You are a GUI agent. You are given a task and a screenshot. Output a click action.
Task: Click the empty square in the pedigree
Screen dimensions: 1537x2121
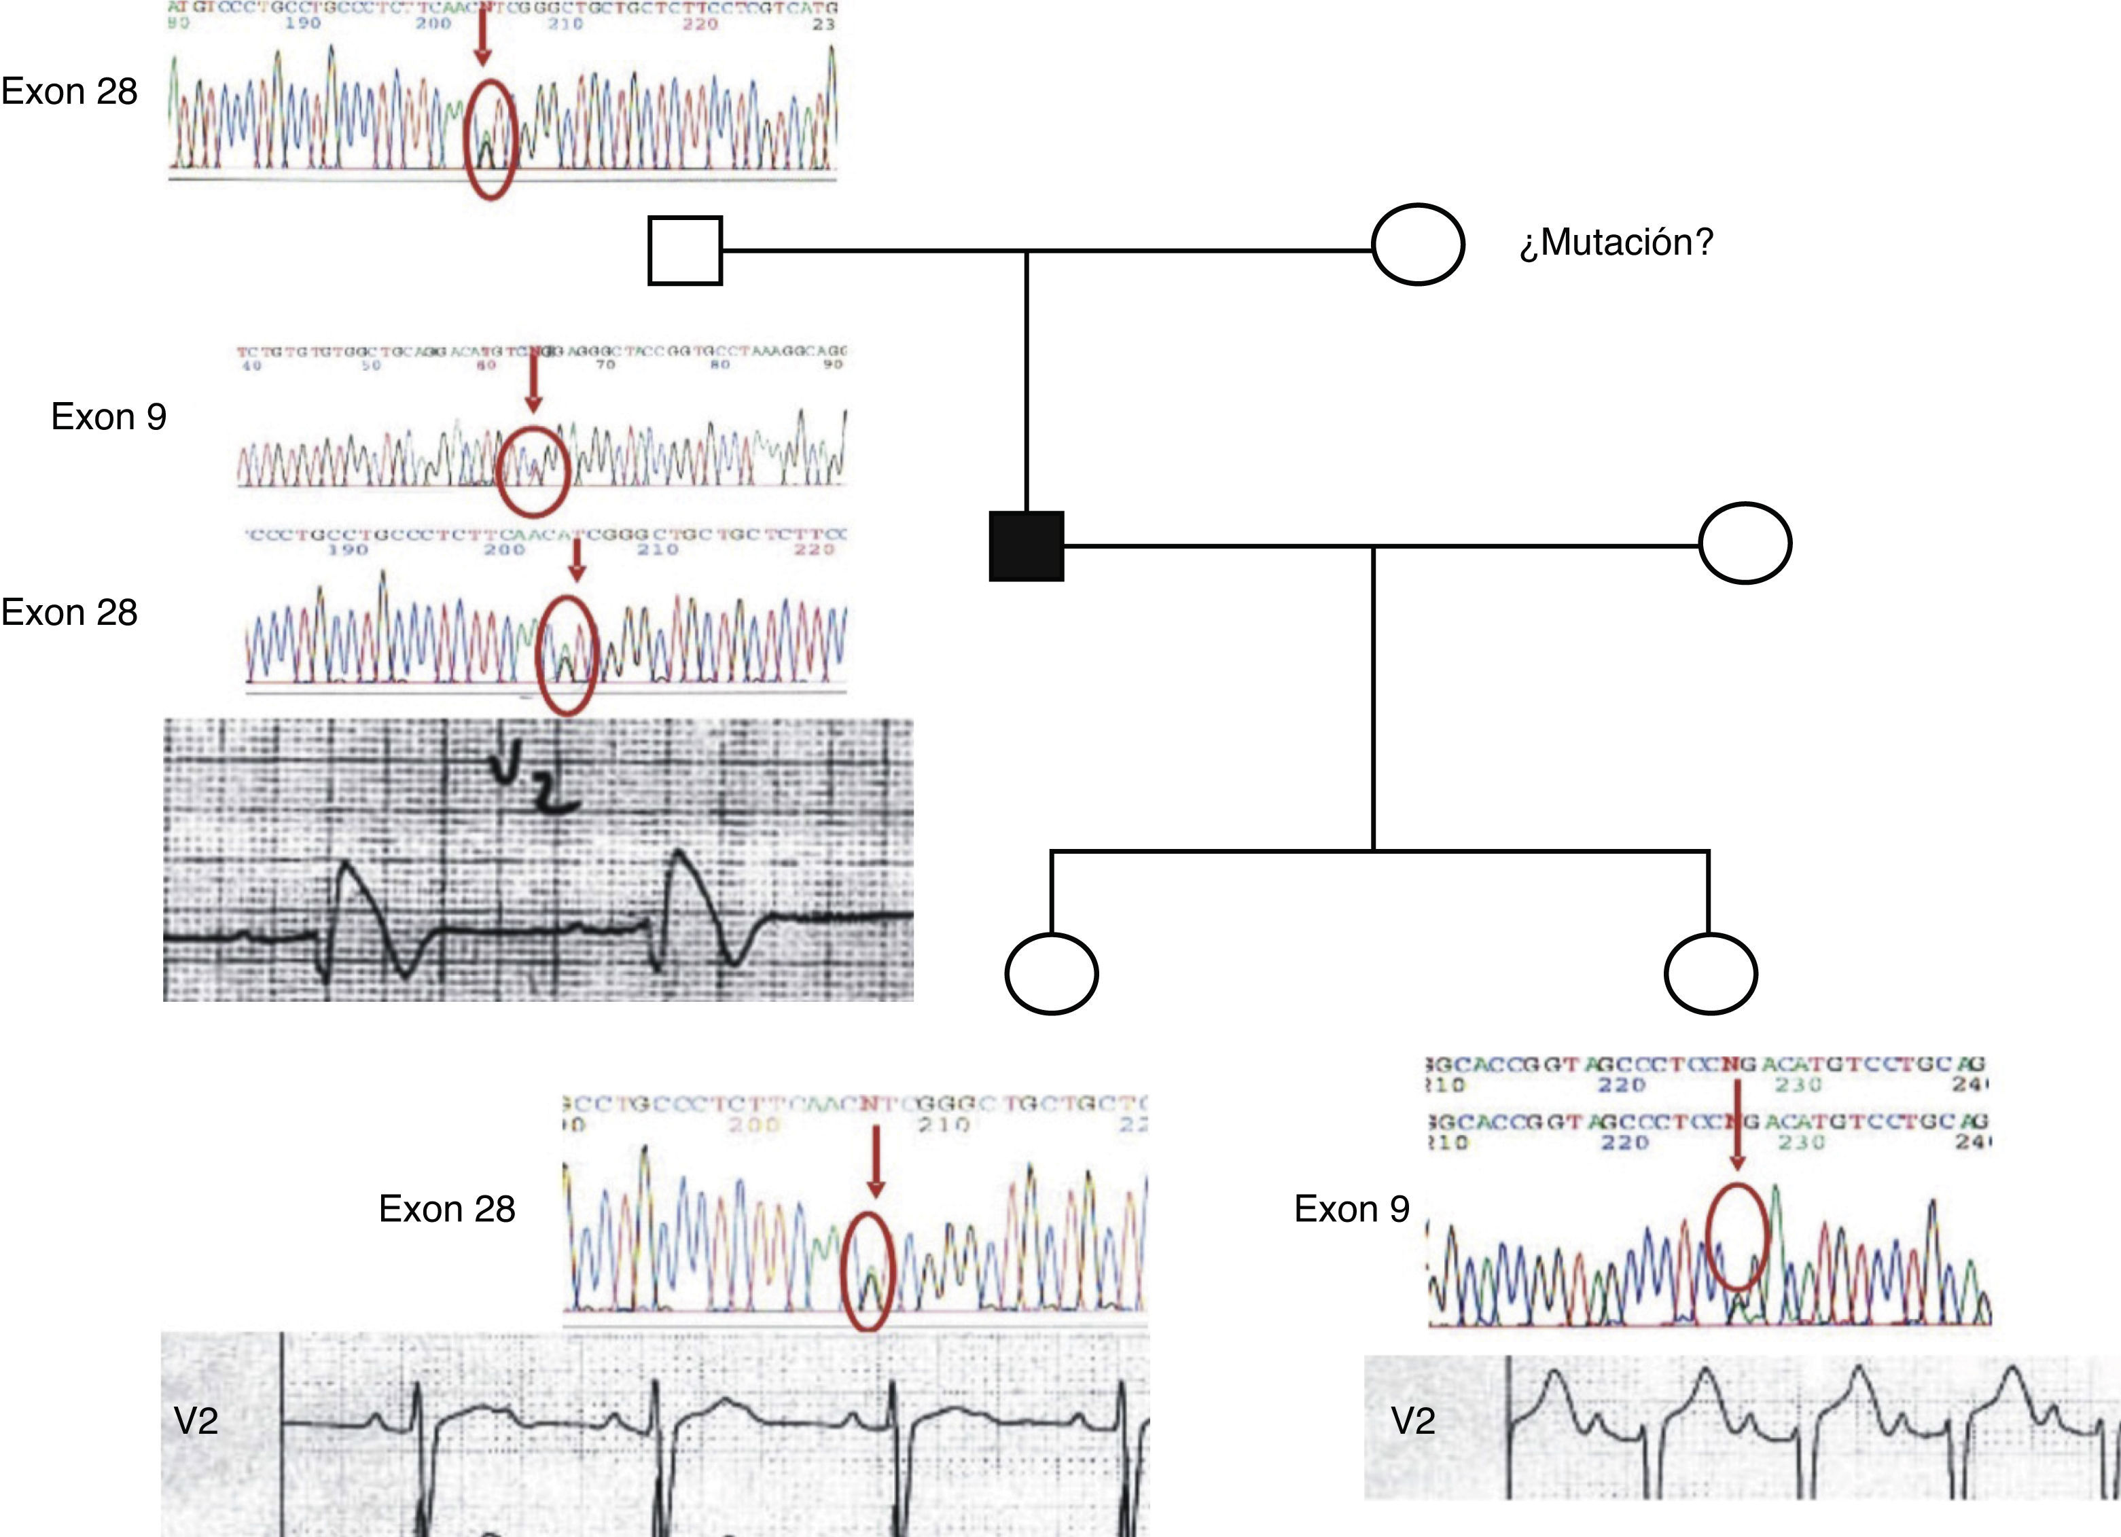click(x=685, y=251)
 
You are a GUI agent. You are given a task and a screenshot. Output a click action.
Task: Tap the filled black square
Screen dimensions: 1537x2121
click(x=1026, y=546)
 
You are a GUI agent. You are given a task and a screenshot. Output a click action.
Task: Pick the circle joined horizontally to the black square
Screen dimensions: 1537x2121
click(x=1744, y=543)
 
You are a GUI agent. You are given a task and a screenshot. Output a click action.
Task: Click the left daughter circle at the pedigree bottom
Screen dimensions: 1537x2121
click(x=1051, y=973)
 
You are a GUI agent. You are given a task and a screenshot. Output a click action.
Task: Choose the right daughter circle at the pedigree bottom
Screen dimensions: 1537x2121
click(x=1711, y=973)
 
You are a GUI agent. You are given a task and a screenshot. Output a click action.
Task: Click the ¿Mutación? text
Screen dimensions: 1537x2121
click(x=1616, y=243)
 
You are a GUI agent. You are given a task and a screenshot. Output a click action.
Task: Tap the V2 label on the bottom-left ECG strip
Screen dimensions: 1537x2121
click(x=196, y=1421)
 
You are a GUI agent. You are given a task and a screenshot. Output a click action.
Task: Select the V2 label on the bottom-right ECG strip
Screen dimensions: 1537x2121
click(x=1413, y=1421)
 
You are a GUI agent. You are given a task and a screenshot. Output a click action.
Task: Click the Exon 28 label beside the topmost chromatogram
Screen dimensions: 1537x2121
click(x=69, y=92)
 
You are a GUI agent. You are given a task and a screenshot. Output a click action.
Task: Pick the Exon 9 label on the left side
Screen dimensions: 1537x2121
click(x=109, y=417)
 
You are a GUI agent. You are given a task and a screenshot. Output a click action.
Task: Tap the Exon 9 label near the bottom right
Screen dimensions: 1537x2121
click(x=1351, y=1209)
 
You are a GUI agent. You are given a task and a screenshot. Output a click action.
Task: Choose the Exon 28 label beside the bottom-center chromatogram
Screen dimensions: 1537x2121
click(x=447, y=1209)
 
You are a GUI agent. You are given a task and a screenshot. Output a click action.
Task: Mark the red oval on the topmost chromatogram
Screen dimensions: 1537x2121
click(x=490, y=139)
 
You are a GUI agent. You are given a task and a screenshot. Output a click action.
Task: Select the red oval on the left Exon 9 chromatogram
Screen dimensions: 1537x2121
click(x=532, y=471)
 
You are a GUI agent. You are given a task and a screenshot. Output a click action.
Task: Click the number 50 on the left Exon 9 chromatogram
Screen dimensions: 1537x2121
click(x=371, y=365)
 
